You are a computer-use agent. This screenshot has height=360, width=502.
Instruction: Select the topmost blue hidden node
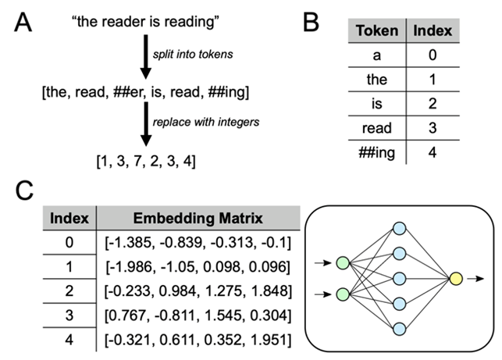coord(399,227)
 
